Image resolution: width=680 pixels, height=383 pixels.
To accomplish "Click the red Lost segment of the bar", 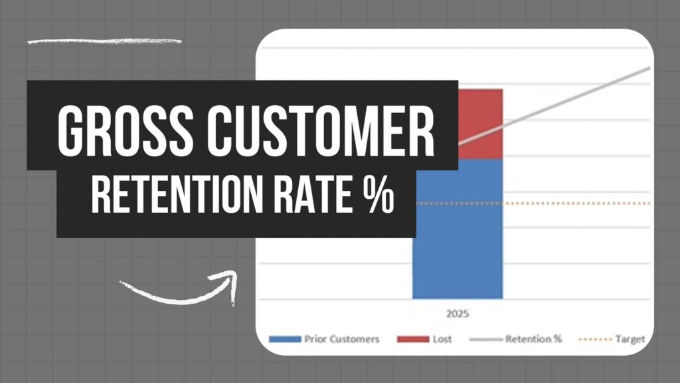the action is (481, 124).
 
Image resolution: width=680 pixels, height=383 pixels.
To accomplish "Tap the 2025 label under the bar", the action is (458, 314).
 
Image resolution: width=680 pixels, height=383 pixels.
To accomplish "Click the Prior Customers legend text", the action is (342, 339).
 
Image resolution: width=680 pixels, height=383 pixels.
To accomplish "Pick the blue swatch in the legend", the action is (285, 339).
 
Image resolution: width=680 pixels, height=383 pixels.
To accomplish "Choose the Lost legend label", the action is (442, 339).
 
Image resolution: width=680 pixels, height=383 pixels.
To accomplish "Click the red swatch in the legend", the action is (413, 339).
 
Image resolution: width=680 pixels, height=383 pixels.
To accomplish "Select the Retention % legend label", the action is (533, 338).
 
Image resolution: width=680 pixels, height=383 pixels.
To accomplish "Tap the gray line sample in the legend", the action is (486, 339).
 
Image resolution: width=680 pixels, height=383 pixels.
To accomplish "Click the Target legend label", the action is (630, 339).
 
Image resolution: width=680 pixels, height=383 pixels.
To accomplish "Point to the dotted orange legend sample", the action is (596, 339).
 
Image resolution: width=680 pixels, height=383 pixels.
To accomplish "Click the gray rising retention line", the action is (554, 106).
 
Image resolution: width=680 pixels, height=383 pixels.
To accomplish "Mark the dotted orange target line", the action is (533, 203).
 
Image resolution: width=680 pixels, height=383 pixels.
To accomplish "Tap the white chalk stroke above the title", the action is (104, 42).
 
